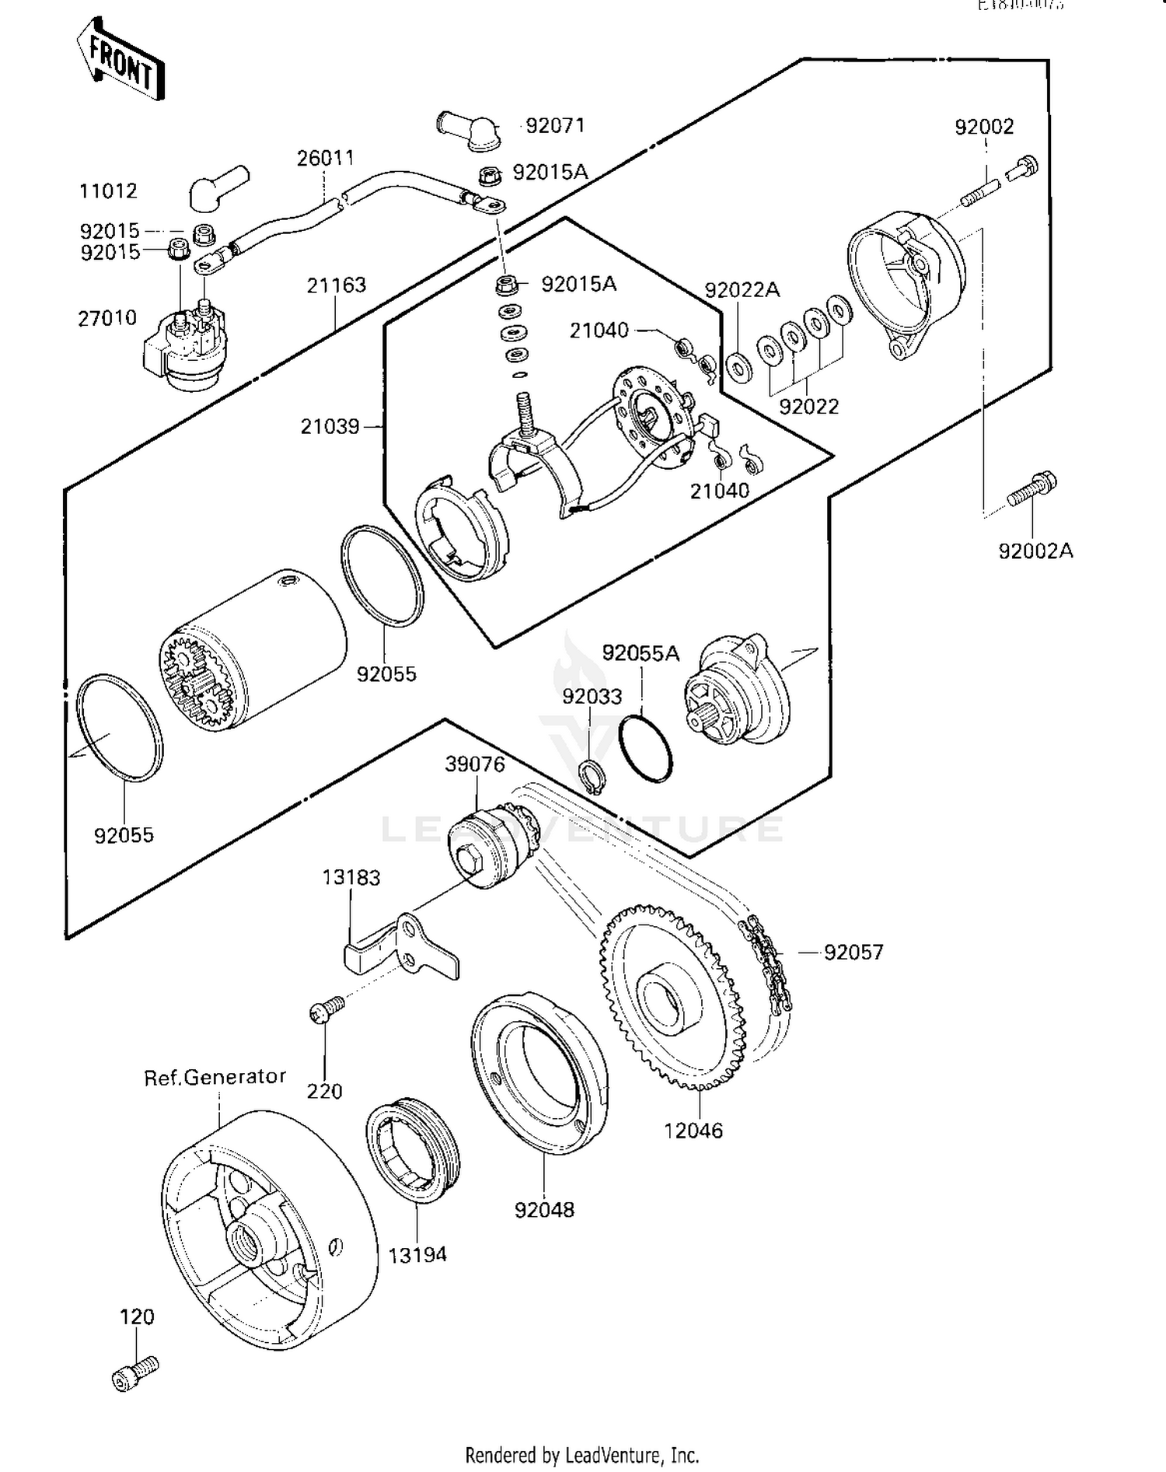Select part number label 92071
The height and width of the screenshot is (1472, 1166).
[x=555, y=126]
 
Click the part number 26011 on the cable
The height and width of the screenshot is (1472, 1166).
[x=326, y=158]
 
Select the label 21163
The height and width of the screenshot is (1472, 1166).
[x=336, y=285]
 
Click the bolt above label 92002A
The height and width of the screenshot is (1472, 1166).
[x=1032, y=489]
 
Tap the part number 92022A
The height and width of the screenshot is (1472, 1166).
[x=742, y=290]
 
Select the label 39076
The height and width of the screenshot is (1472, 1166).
[x=475, y=764]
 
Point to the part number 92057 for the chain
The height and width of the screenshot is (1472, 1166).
[x=854, y=952]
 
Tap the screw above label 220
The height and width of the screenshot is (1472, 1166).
[x=326, y=1009]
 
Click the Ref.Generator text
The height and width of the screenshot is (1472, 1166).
[x=215, y=1077]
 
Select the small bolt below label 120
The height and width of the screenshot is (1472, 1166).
[x=135, y=1375]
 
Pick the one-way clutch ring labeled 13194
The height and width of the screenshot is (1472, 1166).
[x=412, y=1150]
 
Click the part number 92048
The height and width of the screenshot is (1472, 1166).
[x=544, y=1210]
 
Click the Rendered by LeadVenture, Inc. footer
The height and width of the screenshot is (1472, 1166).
[x=581, y=1455]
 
